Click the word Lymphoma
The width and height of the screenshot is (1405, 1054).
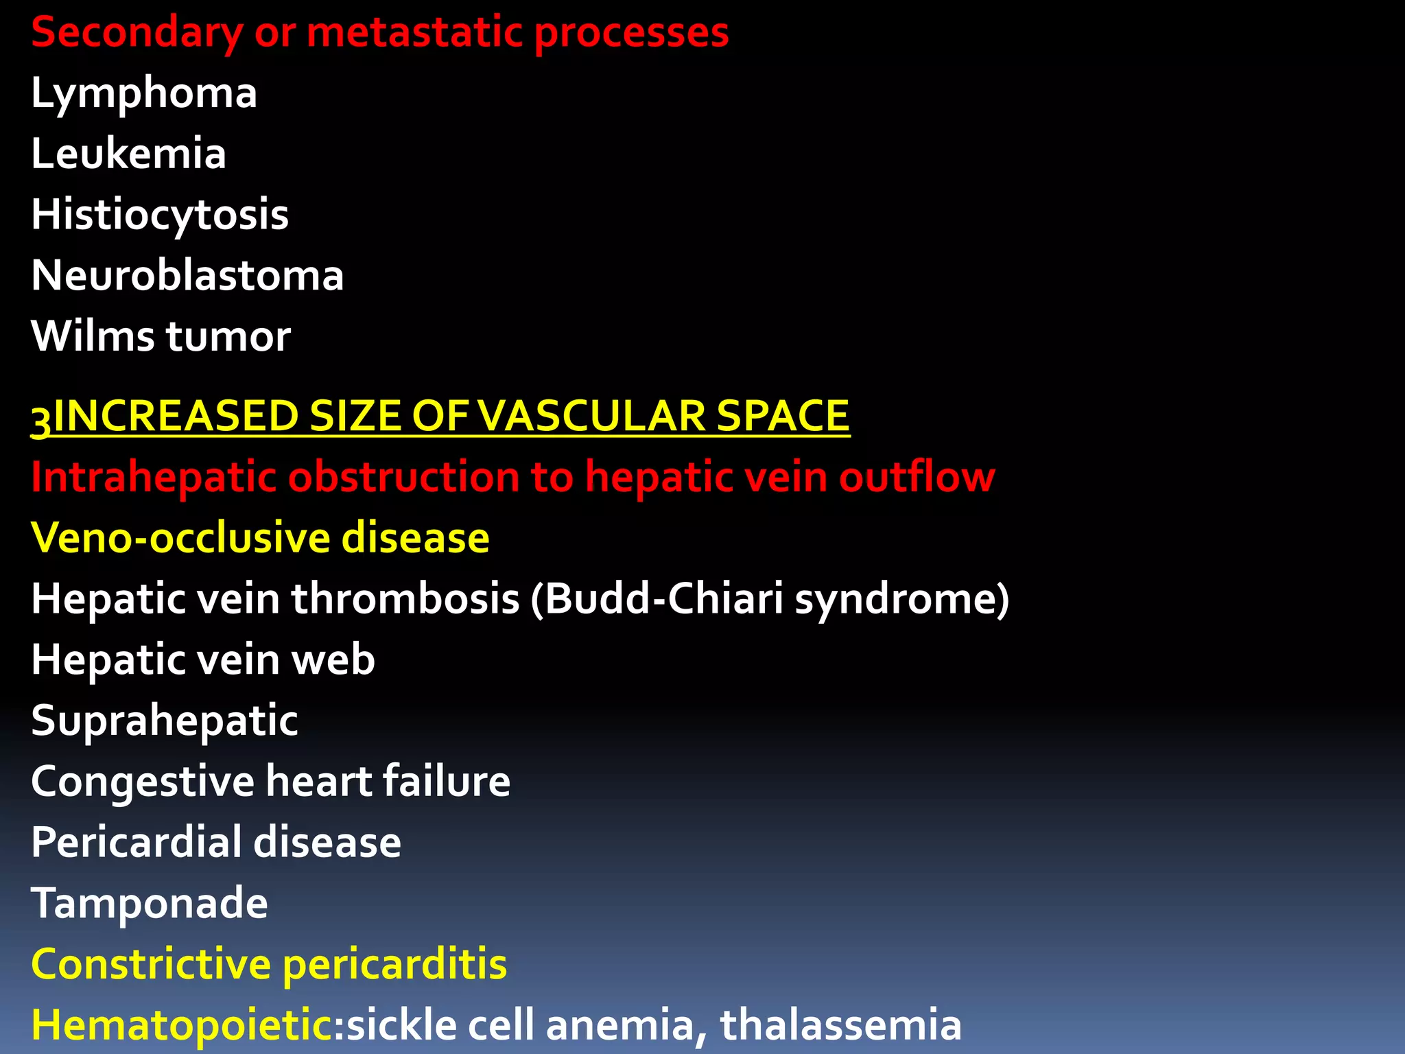tap(144, 93)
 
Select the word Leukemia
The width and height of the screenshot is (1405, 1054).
tap(129, 154)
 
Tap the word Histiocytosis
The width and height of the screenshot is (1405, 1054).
tap(160, 215)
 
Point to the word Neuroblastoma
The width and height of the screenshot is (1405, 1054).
tap(187, 275)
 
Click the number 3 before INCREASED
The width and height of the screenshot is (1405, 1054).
tap(41, 419)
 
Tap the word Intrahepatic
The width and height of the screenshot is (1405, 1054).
tap(153, 477)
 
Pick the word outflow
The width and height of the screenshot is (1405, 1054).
tap(917, 477)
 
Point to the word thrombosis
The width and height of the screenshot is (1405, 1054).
tap(405, 598)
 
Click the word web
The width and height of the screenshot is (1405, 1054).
tap(333, 659)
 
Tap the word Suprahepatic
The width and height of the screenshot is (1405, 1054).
tap(165, 721)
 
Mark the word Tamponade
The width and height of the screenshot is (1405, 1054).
tap(150, 903)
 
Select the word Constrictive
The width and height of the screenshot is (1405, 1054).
tap(151, 964)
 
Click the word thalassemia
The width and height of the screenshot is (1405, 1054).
tap(840, 1024)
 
